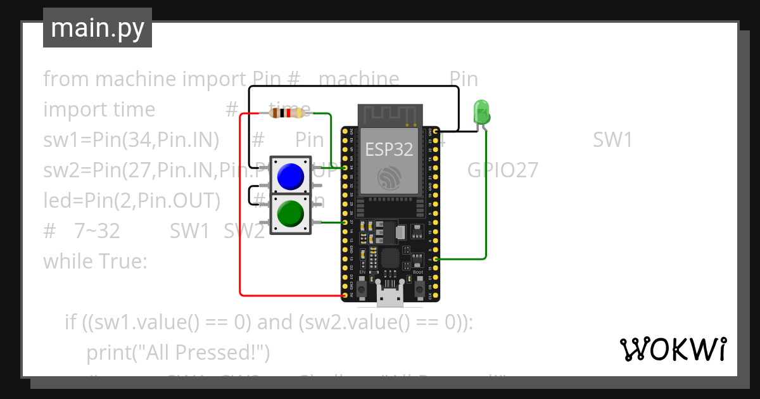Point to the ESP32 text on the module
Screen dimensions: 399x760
[389, 149]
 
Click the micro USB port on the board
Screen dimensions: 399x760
[389, 294]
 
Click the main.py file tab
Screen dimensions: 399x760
[98, 28]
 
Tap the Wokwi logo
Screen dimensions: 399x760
[672, 349]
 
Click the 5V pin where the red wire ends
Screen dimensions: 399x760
[345, 295]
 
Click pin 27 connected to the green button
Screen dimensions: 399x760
[345, 222]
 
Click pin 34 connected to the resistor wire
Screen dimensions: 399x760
[345, 168]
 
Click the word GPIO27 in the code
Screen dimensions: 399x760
[503, 170]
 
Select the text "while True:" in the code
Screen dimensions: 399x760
[95, 261]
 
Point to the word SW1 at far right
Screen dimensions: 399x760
[612, 140]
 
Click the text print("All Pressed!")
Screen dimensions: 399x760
[178, 352]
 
